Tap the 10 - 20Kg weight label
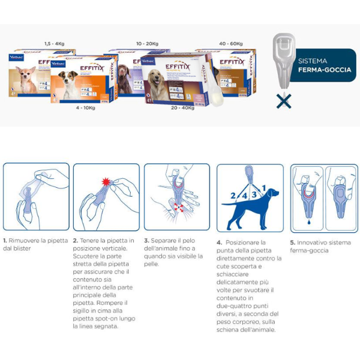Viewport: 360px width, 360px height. point(146,44)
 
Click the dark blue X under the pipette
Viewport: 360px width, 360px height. point(283,101)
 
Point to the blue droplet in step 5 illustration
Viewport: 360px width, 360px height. point(307,223)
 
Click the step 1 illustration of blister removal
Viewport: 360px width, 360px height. point(36,197)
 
